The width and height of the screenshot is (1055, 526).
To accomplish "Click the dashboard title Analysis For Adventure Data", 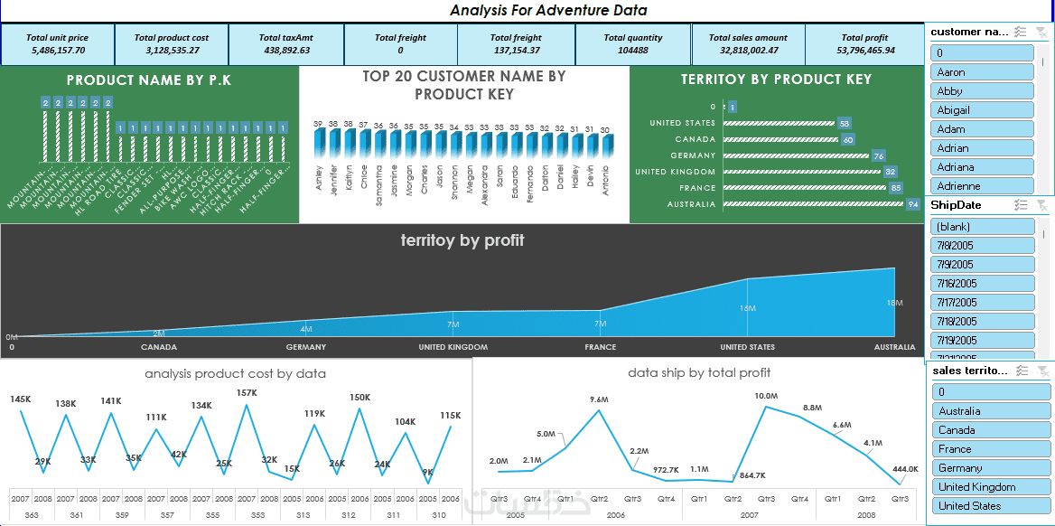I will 548,11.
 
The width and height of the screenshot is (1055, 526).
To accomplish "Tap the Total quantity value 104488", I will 632,51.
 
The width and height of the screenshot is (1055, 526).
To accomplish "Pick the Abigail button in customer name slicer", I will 982,110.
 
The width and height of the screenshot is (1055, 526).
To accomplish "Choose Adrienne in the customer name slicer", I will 982,186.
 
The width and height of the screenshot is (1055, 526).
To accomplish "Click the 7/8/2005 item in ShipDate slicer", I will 982,246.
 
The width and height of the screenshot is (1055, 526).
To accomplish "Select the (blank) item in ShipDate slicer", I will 982,227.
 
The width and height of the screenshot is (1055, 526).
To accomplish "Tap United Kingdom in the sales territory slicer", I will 991,487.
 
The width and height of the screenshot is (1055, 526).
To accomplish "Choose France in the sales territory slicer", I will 991,449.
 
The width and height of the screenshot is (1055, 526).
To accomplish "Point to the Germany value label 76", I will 879,155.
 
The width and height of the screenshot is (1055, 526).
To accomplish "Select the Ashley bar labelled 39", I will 319,145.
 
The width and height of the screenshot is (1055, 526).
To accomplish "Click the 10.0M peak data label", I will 766,396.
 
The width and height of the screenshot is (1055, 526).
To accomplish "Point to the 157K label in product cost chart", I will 246,393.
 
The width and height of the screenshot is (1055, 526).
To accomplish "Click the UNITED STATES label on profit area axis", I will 747,347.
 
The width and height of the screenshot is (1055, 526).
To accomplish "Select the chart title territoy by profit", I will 462,240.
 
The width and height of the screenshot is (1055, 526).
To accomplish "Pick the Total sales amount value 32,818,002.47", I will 747,51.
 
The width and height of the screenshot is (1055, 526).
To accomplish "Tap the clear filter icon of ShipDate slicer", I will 1041,205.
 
